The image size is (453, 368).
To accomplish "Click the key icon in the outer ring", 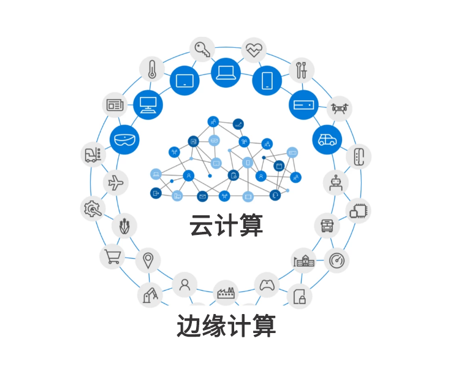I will click(x=202, y=49).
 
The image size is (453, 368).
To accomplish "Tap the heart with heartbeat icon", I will click(x=254, y=50).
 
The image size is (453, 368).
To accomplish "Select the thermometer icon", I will click(x=152, y=69).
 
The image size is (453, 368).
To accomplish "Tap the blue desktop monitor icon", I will click(x=148, y=105).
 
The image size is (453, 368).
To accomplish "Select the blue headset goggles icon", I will click(x=124, y=140).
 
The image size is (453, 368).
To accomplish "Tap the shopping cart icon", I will click(x=112, y=256).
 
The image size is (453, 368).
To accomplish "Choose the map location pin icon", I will click(x=148, y=261).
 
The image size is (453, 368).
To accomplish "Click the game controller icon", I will click(x=267, y=285).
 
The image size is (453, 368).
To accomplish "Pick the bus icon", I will click(x=327, y=225).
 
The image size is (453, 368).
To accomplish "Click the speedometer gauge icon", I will click(x=337, y=261).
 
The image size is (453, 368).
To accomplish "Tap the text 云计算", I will click(x=226, y=225).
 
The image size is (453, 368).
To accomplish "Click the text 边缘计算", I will click(x=226, y=325).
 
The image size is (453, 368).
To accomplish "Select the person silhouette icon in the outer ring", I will click(x=185, y=284).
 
